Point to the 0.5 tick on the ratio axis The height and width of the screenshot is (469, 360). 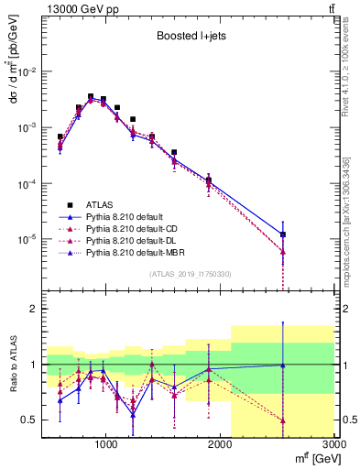(x=30, y=420)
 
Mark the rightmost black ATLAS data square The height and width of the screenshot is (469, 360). (x=283, y=234)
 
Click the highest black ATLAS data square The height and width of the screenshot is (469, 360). (x=91, y=96)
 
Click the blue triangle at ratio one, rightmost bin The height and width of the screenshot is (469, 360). (x=283, y=365)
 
